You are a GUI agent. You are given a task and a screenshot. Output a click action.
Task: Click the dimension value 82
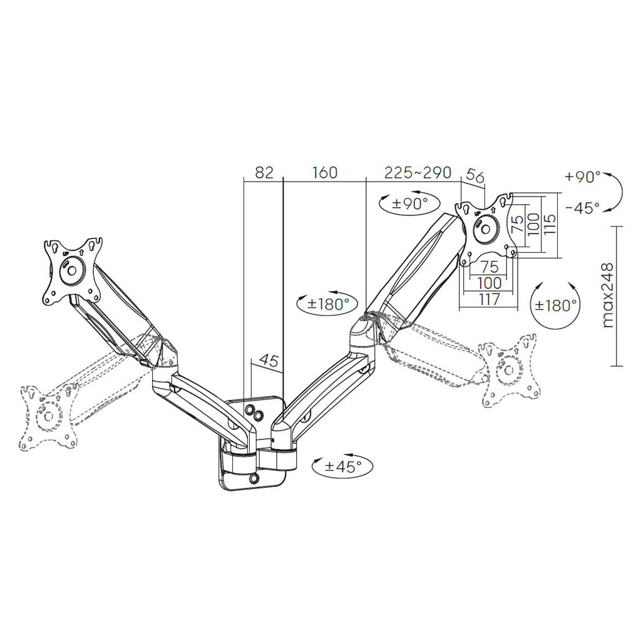point(264,173)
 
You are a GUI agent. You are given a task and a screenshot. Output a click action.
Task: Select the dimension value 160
point(325,173)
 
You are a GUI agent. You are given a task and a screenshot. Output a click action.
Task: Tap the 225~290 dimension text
point(418,173)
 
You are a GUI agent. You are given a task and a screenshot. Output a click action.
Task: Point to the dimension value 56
point(475,177)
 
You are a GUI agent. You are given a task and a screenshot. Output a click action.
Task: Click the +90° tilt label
point(582,177)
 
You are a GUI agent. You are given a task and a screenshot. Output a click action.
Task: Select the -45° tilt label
point(582,208)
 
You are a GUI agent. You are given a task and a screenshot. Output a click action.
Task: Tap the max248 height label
point(608,295)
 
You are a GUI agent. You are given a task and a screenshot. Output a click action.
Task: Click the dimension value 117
point(490,299)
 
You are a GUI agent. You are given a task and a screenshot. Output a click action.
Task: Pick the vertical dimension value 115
point(550,223)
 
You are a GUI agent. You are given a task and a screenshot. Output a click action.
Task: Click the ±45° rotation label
point(343,466)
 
